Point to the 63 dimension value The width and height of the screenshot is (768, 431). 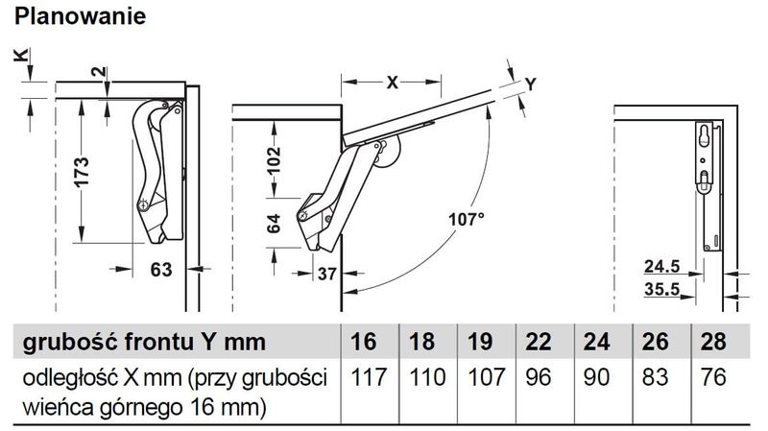pyautogui.click(x=161, y=271)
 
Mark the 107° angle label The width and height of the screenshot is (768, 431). pyautogui.click(x=467, y=219)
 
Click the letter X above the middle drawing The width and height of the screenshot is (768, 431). pyautogui.click(x=392, y=83)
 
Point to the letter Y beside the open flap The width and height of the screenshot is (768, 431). pyautogui.click(x=531, y=84)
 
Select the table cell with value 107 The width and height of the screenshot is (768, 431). pyautogui.click(x=484, y=377)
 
